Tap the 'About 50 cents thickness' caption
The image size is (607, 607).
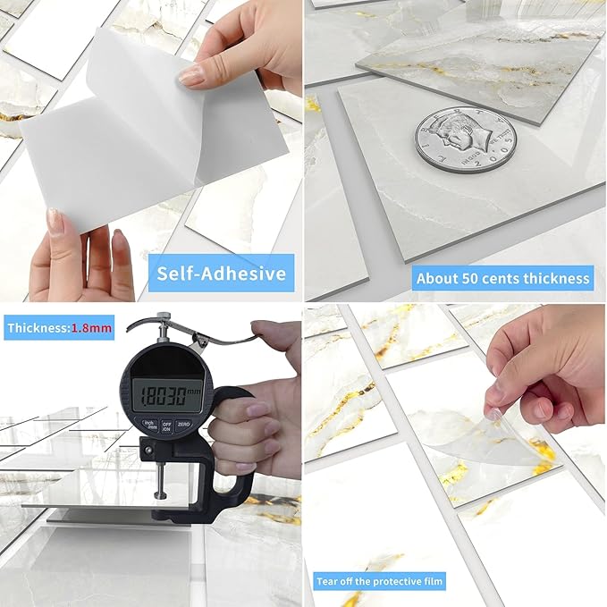click(503, 278)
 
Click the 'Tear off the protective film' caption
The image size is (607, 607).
click(380, 582)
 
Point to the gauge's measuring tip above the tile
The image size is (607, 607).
click(157, 495)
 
